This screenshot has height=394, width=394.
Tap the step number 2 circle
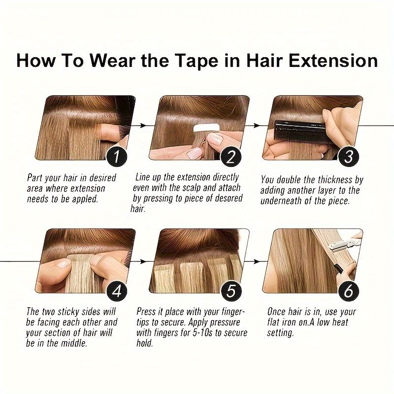tap(230, 157)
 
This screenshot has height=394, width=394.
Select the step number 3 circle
tap(348, 157)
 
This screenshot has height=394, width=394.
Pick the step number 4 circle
tap(117, 291)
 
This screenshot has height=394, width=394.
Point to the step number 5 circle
tap(230, 291)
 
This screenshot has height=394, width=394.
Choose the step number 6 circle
tap(348, 291)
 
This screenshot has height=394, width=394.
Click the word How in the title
tap(35, 61)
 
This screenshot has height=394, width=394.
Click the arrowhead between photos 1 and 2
tap(143, 125)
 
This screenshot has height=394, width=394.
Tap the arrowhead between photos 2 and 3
tap(256, 125)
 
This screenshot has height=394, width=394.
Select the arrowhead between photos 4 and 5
tap(143, 262)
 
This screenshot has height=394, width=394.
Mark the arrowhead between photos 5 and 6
tap(256, 262)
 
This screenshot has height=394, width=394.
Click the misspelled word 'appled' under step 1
tap(85, 199)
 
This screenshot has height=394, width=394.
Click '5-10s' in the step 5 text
tap(200, 333)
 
